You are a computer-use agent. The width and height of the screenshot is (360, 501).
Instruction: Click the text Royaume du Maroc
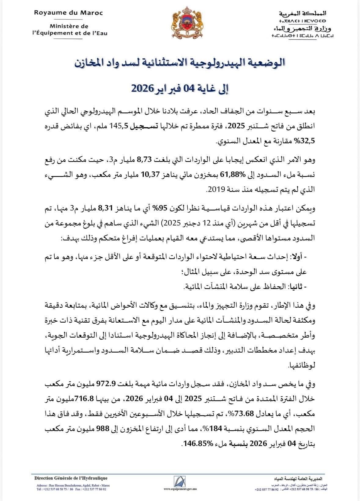68,13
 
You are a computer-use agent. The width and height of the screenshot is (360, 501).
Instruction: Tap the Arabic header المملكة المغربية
302,13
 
